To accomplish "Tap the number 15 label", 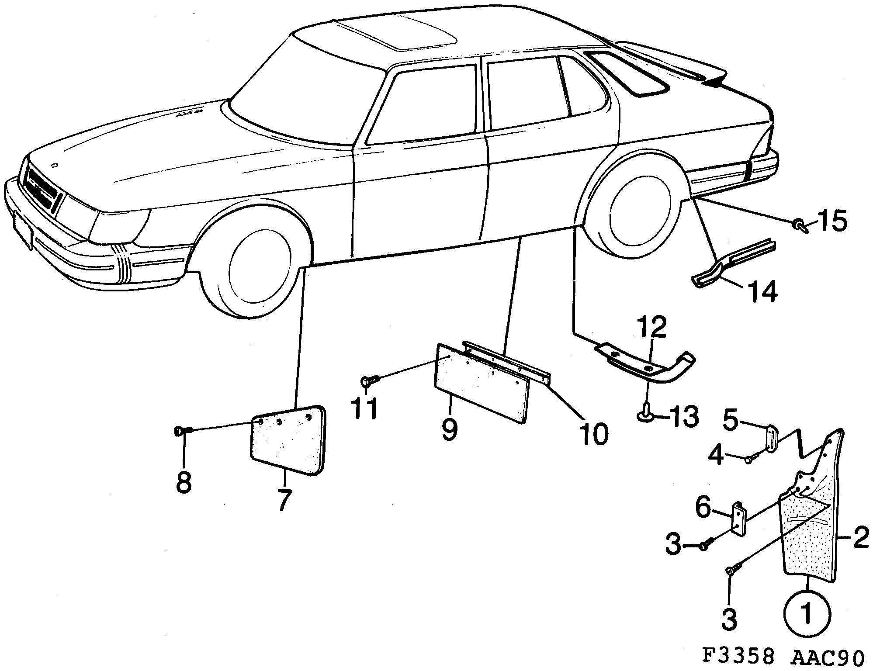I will point(832,221).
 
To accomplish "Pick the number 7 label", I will point(284,500).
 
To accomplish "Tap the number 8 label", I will point(184,482).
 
